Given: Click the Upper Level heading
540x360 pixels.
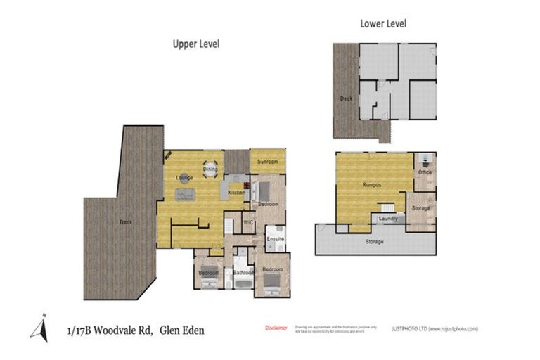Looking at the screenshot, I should [x=196, y=44].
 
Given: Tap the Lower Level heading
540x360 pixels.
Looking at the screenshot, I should [x=383, y=23].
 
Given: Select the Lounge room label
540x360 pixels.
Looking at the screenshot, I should [x=184, y=178].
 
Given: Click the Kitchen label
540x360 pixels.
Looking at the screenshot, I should [x=236, y=192].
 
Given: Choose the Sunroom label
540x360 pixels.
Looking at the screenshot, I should [x=267, y=162].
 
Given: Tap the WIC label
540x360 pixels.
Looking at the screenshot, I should [x=247, y=222].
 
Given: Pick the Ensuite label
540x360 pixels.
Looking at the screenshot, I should [x=275, y=239].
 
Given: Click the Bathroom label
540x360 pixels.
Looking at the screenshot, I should [x=243, y=272].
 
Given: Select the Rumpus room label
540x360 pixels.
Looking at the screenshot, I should [x=372, y=185].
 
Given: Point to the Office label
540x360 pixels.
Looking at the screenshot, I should [x=425, y=172].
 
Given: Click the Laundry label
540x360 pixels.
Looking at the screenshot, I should [x=387, y=219].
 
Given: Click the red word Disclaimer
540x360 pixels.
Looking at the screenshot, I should [x=276, y=328].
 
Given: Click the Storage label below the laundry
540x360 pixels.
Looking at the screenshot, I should [x=375, y=242].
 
